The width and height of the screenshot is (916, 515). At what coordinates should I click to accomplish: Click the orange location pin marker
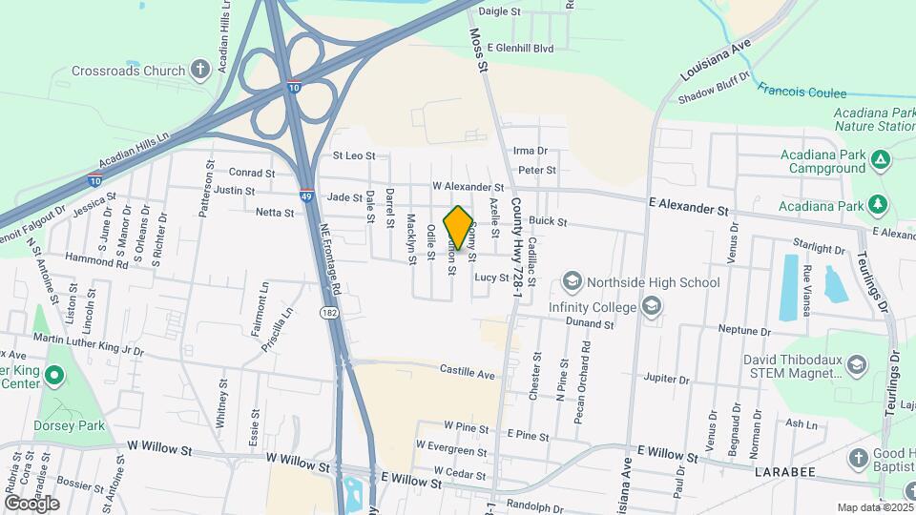tap(459, 228)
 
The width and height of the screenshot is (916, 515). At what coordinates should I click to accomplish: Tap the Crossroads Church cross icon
tap(200, 70)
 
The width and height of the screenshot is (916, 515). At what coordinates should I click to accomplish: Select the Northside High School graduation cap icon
tap(572, 281)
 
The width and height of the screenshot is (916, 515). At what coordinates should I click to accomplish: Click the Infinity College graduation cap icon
tap(652, 306)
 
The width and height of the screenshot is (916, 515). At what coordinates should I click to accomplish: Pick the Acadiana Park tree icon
tap(877, 205)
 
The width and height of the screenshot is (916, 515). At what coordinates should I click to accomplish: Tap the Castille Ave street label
tap(468, 370)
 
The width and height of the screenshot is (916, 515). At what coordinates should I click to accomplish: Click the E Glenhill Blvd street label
tap(520, 47)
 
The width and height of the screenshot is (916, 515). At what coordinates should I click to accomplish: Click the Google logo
tap(31, 503)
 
